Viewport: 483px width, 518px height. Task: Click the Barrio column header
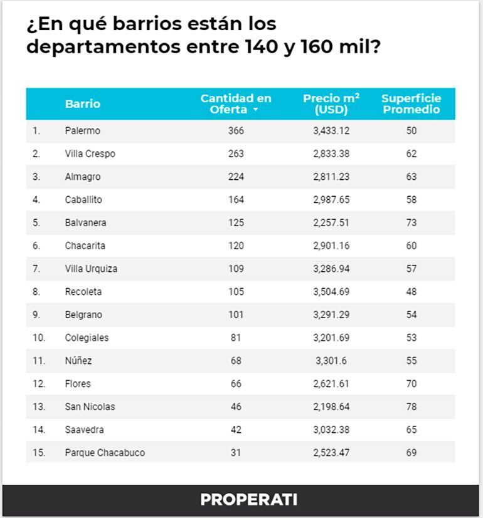pos(82,104)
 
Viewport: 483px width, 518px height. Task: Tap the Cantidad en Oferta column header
pos(236,104)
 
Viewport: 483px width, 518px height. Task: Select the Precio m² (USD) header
pos(331,104)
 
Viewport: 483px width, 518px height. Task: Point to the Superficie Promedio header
pos(411,104)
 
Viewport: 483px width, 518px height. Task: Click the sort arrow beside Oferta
pos(255,110)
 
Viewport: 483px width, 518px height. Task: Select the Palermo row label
pos(82,131)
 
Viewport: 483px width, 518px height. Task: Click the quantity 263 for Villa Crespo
pos(236,153)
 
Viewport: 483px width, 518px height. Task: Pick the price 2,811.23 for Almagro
pos(331,177)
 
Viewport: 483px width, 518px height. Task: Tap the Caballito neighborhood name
pos(83,200)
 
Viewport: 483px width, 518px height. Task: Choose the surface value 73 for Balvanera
pos(411,222)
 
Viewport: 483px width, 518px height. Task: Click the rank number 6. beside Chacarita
pos(36,246)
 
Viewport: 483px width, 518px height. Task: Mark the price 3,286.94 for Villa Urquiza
pos(331,269)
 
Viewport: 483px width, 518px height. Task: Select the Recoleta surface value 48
pos(411,291)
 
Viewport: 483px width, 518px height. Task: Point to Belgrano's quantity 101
pos(236,314)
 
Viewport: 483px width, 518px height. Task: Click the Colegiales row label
pos(87,338)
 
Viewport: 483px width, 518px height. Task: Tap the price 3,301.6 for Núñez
pos(331,361)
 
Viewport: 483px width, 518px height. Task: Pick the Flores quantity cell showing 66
pos(236,383)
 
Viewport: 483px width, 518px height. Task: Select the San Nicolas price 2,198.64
pos(331,407)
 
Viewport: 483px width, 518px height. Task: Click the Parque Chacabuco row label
pos(105,452)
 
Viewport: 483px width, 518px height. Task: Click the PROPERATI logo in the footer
pos(248,500)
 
